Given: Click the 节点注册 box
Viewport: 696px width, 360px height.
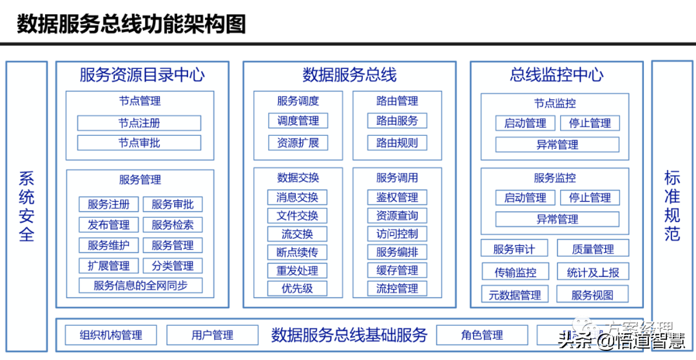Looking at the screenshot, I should pos(139,123).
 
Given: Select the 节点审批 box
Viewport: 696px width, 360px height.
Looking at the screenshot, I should pos(139,143).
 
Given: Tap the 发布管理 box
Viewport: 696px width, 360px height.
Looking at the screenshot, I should pos(108,225).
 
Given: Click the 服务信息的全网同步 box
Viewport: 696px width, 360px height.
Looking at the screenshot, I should pos(140,285).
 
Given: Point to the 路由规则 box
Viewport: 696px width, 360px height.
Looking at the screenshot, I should pos(397,143).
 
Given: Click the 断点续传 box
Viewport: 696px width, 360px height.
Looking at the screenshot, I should pos(297,252).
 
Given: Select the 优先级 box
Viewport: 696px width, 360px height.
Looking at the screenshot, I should pos(297,289).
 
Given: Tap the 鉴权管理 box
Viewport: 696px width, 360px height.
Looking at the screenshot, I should pos(397,197).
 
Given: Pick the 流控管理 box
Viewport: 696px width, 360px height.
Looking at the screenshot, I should pos(397,289).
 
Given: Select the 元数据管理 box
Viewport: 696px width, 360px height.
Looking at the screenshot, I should pos(514,295).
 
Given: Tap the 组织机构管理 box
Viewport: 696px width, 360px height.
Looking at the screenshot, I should pos(111,335).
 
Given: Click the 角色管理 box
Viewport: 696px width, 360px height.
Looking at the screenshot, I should pos(482,335).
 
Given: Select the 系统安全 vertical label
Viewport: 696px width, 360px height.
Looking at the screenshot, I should pos(26,206).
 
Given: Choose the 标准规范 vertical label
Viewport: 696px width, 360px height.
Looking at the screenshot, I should pos(672,206).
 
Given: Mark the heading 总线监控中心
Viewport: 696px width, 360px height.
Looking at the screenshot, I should pos(557,75).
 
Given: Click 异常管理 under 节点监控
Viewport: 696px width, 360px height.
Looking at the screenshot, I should pos(557,145).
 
